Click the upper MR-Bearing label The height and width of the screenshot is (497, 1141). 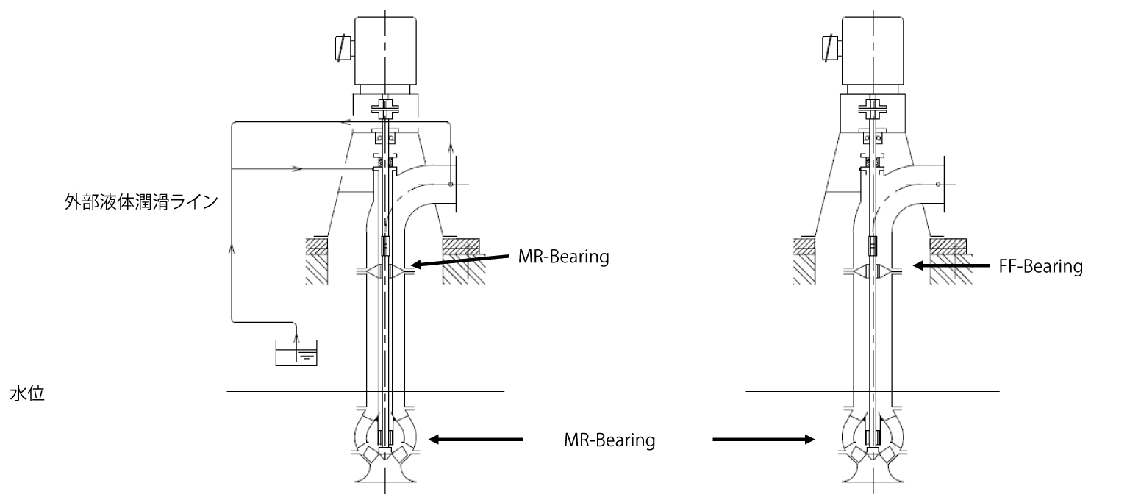pos(564,258)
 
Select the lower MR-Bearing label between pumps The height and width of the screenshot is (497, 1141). pos(609,440)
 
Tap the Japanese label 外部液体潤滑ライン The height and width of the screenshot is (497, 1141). pos(140,201)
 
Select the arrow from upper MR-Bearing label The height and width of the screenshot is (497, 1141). pos(459,260)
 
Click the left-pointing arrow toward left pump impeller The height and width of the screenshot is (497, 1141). pos(476,440)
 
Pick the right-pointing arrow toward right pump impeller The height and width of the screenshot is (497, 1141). pos(764,440)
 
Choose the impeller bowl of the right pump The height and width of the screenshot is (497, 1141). pos(871,437)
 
